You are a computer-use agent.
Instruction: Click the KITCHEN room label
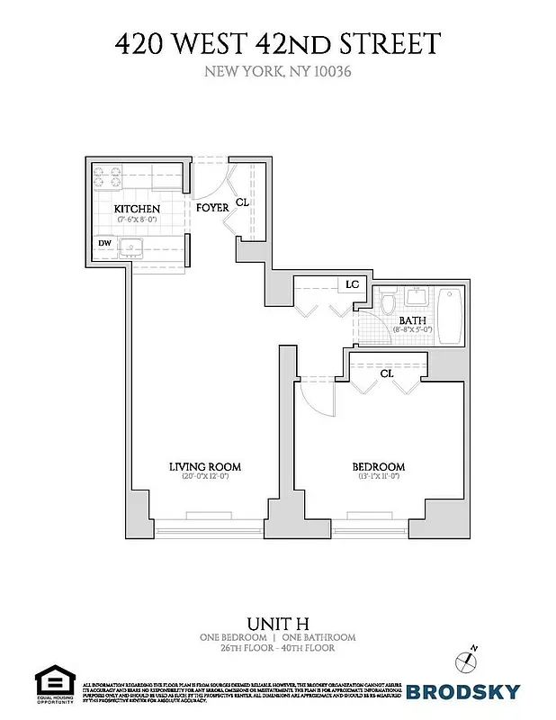tap(137, 209)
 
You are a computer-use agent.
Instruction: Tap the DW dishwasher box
tap(105, 242)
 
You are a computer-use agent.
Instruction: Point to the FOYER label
tap(212, 208)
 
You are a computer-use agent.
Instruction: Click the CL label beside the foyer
tap(242, 203)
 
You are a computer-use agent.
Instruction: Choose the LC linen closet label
tap(352, 284)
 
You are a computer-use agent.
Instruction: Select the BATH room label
tap(413, 320)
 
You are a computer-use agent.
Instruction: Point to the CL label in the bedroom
tap(386, 373)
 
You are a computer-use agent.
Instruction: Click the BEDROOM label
tap(378, 467)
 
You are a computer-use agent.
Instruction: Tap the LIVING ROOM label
tap(206, 466)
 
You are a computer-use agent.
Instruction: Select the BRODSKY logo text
tap(462, 691)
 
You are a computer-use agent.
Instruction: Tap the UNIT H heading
tap(277, 622)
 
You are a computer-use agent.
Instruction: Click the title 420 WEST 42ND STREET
tap(277, 43)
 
